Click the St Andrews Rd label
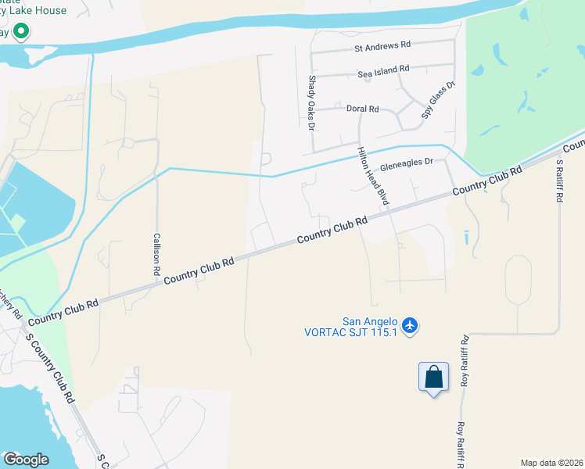(x=382, y=47)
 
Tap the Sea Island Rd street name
(x=383, y=70)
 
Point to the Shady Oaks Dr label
(x=311, y=102)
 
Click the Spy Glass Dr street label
(x=438, y=99)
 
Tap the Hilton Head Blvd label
(x=373, y=177)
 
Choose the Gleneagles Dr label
(x=406, y=166)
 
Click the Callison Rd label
(x=156, y=254)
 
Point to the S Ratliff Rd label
(x=559, y=181)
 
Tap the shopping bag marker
(x=434, y=378)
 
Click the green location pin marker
(x=21, y=32)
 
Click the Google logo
(x=26, y=460)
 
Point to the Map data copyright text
(x=551, y=462)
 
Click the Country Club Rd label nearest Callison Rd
(x=199, y=271)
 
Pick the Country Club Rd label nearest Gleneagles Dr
(x=486, y=181)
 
